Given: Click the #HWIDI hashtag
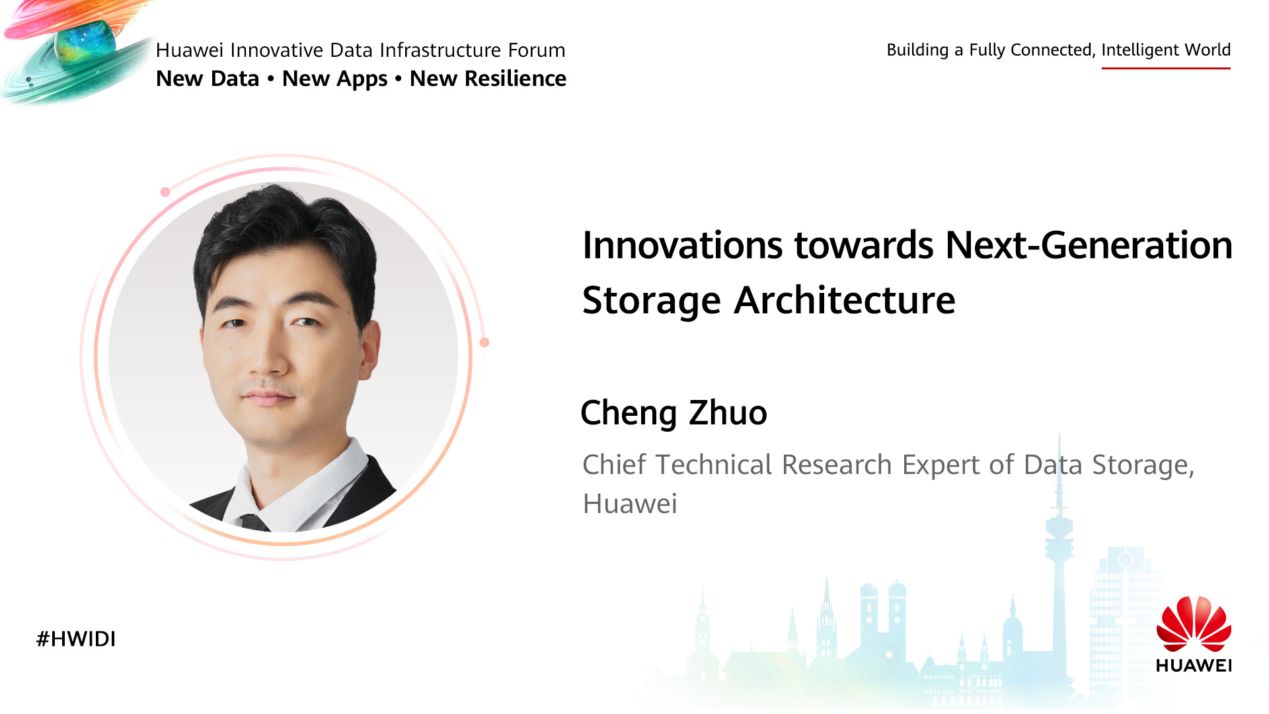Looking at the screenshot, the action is (x=76, y=639).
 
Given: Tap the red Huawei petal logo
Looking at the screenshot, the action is (x=1194, y=623).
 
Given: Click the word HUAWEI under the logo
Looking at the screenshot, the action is (x=1194, y=665).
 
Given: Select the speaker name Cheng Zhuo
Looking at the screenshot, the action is (x=673, y=413).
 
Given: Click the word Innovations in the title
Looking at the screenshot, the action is (x=683, y=245).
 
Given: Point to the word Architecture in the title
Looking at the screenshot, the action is (x=845, y=301).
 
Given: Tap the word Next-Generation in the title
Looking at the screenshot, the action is (x=1089, y=245).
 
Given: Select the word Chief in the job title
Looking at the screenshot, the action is (x=614, y=464).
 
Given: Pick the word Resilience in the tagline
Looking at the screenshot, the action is (x=516, y=79).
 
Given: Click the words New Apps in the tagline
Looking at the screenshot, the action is (x=334, y=79).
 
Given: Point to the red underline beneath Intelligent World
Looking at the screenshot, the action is (x=1166, y=67).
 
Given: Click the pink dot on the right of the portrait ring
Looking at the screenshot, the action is (x=484, y=342).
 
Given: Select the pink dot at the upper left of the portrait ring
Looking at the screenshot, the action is (x=165, y=192).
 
